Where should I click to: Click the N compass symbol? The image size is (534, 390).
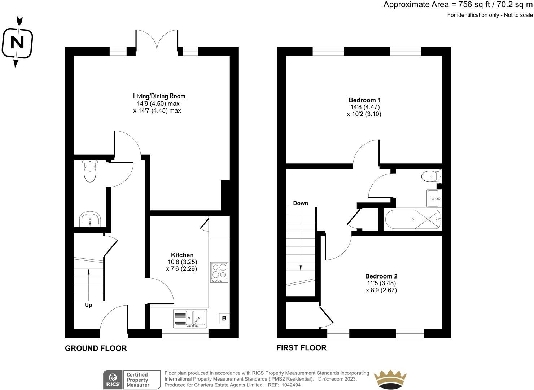coord(17,43)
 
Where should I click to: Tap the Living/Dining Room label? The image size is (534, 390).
coord(159,96)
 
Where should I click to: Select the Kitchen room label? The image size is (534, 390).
coord(182,255)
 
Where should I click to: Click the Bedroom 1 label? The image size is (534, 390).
coord(364,100)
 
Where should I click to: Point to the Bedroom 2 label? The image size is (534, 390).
coord(381,276)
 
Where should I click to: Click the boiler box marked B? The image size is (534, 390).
coord(224,318)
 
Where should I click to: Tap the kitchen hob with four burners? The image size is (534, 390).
coord(219,272)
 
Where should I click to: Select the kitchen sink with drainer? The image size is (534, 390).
coord(190,318)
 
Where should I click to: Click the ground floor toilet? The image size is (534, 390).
coord(89,172)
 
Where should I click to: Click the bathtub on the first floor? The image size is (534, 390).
coord(413,219)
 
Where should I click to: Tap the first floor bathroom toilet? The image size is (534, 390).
coord(430,176)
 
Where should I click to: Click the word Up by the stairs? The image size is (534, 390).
coord(88,305)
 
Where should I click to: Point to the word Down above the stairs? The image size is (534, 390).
coord(301,203)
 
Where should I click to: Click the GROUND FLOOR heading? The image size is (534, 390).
coord(96,348)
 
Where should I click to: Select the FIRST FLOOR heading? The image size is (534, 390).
coord(301,348)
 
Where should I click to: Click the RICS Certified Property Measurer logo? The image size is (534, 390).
coord(132,380)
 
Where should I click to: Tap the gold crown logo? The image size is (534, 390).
coord(390,380)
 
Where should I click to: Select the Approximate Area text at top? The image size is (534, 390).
coord(458,5)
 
